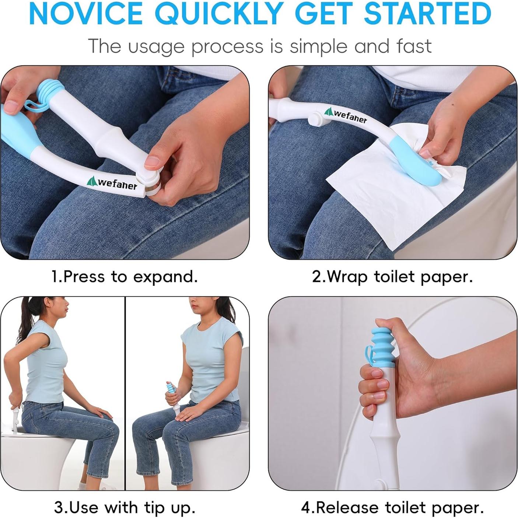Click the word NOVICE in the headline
[85, 14]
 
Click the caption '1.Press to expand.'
[125, 276]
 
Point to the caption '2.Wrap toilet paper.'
[392, 276]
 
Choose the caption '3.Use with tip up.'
[125, 507]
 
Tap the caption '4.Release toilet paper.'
[392, 507]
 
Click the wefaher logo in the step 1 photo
[112, 183]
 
